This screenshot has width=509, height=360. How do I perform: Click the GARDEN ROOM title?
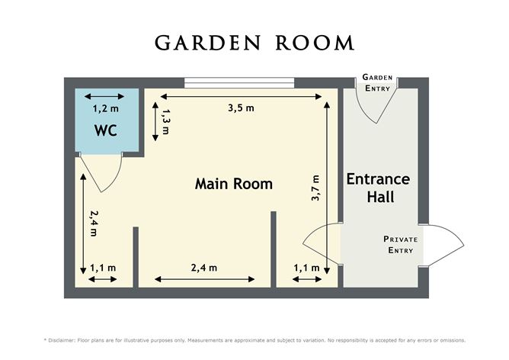254,43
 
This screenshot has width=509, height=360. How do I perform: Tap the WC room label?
106,130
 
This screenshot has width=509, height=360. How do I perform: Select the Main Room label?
234,184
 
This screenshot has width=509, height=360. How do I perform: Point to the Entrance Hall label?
379,188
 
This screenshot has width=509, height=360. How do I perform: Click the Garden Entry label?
377,83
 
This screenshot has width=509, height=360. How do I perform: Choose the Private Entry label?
401,244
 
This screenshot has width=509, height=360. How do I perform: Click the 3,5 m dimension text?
241,108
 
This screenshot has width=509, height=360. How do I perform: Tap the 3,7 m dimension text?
315,188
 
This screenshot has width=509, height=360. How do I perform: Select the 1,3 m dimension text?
166,121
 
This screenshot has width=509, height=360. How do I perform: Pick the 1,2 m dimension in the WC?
105,108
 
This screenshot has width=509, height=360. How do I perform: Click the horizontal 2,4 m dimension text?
204,268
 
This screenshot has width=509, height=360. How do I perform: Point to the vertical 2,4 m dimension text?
94,223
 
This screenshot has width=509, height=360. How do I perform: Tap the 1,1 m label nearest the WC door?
103,268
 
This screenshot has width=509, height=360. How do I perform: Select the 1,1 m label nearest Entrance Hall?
306,268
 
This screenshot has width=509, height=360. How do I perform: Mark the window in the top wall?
239,82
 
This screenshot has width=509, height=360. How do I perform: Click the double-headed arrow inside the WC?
104,96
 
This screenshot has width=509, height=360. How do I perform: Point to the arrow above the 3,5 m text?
241,96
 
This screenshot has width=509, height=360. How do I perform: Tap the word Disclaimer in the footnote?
62,340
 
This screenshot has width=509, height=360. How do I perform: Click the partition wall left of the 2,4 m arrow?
136,257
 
